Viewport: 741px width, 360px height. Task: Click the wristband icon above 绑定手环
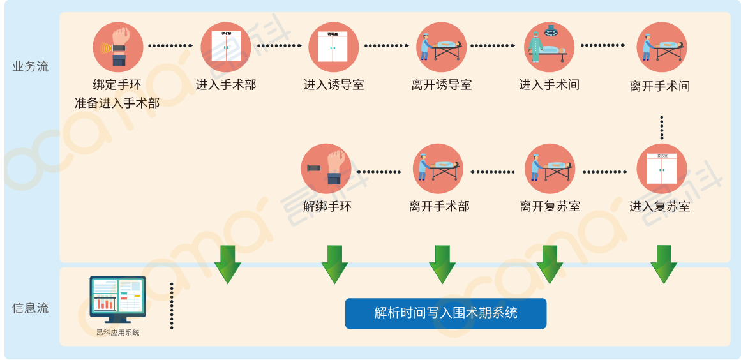[118, 47]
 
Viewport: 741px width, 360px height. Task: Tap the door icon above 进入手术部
[226, 47]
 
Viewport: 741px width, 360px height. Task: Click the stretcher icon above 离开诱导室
[442, 47]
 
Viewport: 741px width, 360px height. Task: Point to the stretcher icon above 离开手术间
[661, 47]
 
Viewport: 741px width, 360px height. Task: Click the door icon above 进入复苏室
[661, 169]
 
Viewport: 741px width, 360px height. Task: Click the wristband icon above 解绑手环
[326, 169]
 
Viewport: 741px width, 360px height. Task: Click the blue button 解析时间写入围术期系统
[445, 313]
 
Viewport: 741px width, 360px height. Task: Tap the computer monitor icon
[117, 299]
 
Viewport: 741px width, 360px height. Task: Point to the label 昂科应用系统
[117, 333]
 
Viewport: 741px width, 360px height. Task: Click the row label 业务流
[31, 67]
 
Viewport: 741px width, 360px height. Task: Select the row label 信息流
[31, 308]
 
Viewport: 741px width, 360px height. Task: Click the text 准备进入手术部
[117, 102]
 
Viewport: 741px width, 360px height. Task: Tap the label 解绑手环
[327, 207]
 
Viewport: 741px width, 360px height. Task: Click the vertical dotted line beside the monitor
[172, 306]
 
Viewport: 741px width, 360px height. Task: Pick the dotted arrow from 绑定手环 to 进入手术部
[170, 46]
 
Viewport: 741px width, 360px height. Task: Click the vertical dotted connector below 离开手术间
[662, 127]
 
